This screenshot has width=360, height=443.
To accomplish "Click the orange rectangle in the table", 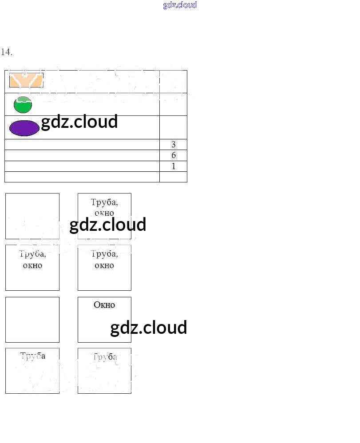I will point(26,81).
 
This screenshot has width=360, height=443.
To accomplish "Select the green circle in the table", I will point(23,105).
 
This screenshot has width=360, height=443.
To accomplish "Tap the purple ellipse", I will point(24,128).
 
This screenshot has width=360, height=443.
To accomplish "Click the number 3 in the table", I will point(173,145).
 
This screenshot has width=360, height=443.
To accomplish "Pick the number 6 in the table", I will point(173,155).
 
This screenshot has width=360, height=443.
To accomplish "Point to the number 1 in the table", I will point(173,166).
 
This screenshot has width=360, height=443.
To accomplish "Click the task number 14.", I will point(7,52).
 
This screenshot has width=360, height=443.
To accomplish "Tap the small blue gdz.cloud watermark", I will point(180,5).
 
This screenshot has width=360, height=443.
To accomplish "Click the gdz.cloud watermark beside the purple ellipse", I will point(79,122).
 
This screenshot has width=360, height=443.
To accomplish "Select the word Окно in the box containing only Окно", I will point(104,305).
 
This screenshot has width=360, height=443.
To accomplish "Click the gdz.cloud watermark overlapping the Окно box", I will point(148,328).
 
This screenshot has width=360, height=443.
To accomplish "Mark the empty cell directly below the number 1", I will point(173,177).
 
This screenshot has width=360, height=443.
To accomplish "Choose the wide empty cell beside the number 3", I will point(82,145).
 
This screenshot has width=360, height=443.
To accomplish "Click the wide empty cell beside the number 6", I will point(82,155).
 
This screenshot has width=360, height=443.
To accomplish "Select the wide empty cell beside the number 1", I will point(82,166).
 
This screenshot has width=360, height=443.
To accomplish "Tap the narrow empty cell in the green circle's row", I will point(173,105).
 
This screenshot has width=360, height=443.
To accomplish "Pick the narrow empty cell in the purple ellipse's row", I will point(173,127).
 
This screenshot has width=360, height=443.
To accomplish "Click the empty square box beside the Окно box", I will point(32,320).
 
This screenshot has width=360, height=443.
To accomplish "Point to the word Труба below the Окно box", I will point(105,357).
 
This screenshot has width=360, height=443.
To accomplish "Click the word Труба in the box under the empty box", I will point(32,356).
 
